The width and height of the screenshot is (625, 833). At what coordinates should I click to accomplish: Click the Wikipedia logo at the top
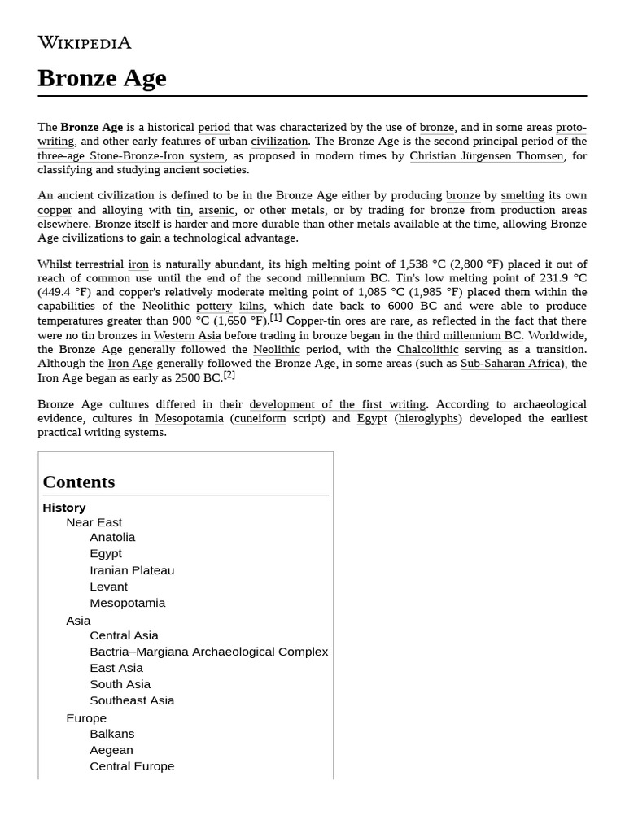(84, 42)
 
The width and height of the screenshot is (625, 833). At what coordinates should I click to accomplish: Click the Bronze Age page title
(102, 78)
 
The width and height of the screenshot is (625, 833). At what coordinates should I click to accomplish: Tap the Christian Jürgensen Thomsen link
(486, 155)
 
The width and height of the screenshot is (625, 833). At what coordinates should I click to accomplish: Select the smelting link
(522, 195)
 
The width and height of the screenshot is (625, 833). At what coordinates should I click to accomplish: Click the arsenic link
(216, 210)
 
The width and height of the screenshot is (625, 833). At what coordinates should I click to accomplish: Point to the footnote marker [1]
(276, 318)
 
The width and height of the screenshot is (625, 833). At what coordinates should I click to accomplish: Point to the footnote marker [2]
(229, 375)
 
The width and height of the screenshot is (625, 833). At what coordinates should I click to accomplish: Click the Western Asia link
(187, 335)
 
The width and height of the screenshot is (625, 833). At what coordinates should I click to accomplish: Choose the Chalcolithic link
(427, 350)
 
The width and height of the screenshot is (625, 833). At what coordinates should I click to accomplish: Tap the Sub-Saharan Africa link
(510, 364)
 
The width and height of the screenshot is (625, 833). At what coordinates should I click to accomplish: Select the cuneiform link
(260, 418)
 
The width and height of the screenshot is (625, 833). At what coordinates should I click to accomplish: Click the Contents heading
(79, 482)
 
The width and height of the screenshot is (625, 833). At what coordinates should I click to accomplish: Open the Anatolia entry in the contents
(112, 537)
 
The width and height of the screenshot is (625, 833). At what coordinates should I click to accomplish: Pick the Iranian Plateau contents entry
(132, 570)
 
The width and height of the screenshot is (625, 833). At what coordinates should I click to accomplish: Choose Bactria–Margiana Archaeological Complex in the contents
(208, 652)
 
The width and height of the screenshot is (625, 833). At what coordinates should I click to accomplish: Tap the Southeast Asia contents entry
(132, 700)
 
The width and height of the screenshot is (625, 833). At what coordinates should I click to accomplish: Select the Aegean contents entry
(111, 750)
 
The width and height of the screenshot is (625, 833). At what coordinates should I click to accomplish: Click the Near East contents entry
(94, 522)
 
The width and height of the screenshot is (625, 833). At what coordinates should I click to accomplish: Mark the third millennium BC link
(468, 335)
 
